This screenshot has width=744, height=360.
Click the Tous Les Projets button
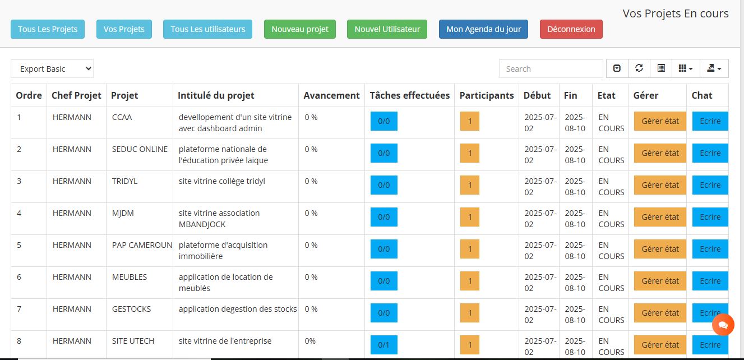coord(48,29)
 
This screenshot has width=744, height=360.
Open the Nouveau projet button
coord(300,29)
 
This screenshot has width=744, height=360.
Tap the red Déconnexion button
coord(571,29)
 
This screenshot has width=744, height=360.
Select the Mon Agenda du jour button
coord(483,29)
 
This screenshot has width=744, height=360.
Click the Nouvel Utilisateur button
coord(387,29)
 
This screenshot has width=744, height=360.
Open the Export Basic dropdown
coord(52,69)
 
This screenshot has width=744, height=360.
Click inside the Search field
coord(551,69)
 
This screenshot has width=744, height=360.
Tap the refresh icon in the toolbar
coord(639,68)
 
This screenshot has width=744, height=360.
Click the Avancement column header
coord(331,95)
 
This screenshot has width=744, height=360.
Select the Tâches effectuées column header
coord(409,95)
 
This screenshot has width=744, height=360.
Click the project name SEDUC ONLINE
coord(140,149)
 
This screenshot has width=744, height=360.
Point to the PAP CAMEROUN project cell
coord(142,245)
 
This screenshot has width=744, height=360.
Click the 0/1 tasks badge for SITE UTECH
coord(384,345)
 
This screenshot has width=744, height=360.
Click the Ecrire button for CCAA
coord(710,121)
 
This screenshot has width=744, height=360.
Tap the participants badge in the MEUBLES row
coord(470,281)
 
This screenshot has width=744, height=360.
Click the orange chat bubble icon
coord(723,325)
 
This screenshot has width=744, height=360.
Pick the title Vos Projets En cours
coord(675,13)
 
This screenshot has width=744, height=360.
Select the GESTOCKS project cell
coord(131,309)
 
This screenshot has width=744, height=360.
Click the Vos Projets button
coord(124,29)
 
